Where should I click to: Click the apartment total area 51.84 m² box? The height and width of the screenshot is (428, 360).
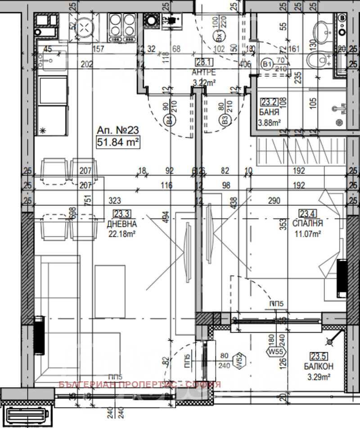(117, 143)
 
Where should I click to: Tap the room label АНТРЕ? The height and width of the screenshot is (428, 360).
(204, 72)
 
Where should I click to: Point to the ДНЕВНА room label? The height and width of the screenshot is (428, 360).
(122, 223)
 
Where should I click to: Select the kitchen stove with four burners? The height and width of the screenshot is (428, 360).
(122, 24)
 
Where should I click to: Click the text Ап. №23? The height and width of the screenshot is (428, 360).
(117, 130)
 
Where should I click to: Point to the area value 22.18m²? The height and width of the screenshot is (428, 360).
(121, 233)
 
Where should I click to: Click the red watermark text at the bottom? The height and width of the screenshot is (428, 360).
(139, 384)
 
